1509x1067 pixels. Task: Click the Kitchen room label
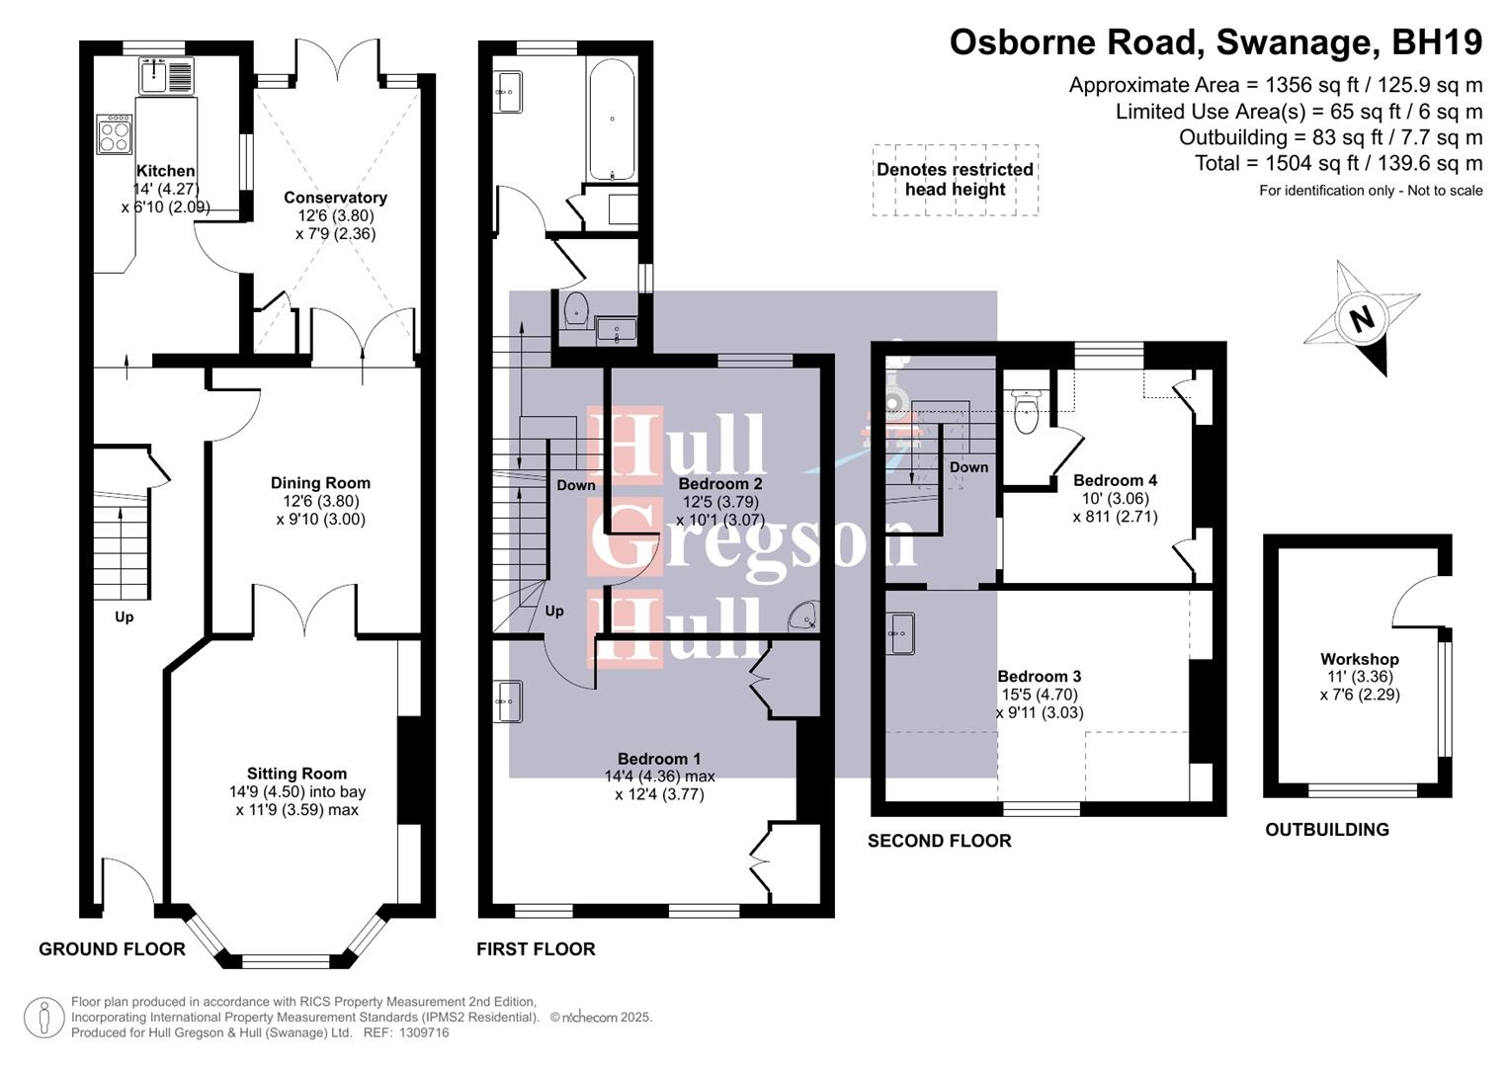tap(165, 171)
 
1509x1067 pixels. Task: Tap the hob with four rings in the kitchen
tap(114, 134)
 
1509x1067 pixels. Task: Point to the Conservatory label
tap(335, 198)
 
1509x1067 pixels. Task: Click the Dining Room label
tap(320, 483)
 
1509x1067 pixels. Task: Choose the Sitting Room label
tap(296, 774)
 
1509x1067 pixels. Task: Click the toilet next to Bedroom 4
tap(1027, 410)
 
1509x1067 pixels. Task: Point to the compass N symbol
tap(1362, 319)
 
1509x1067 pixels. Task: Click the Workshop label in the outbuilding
tap(1359, 659)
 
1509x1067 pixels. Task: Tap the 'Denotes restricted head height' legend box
tap(955, 180)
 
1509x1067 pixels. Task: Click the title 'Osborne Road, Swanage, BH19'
tap(1216, 42)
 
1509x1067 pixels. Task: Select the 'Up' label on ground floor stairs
tap(124, 616)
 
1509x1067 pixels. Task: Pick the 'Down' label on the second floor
tap(968, 467)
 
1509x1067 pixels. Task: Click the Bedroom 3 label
tap(1039, 677)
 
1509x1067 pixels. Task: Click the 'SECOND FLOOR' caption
tap(939, 841)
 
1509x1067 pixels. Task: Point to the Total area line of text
tap(1338, 164)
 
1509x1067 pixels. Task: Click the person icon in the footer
tap(43, 1017)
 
